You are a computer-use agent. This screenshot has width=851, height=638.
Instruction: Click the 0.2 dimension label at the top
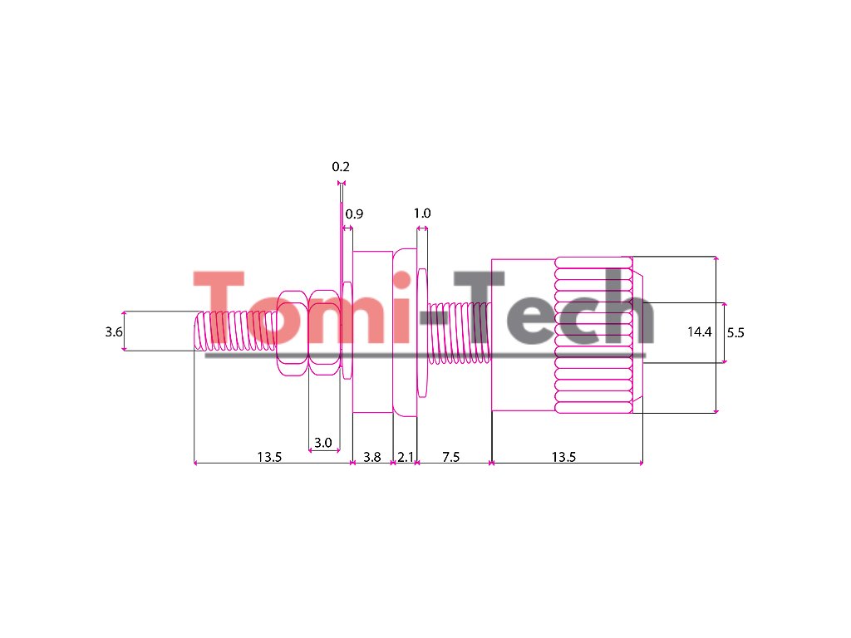point(341,167)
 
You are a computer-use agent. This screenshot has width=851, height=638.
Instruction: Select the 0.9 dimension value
point(355,214)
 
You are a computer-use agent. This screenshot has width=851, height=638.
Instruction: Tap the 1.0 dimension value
point(422,213)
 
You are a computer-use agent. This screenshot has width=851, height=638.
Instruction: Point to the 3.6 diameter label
point(114,332)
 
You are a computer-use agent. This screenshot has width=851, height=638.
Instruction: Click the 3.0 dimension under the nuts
point(322,443)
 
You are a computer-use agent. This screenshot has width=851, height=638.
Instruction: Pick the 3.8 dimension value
point(372,457)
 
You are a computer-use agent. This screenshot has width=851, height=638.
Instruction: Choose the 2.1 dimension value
point(406,457)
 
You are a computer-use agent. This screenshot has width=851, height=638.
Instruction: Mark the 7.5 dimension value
point(451,457)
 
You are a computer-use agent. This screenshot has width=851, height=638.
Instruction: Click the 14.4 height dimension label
point(700,332)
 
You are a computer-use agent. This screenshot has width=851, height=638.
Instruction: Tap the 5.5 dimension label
point(735,332)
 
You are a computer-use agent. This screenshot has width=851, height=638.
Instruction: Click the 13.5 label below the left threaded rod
point(269,457)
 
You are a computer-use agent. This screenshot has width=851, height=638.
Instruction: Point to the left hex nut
point(293,333)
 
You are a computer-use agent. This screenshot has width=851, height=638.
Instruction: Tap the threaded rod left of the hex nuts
point(236,331)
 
